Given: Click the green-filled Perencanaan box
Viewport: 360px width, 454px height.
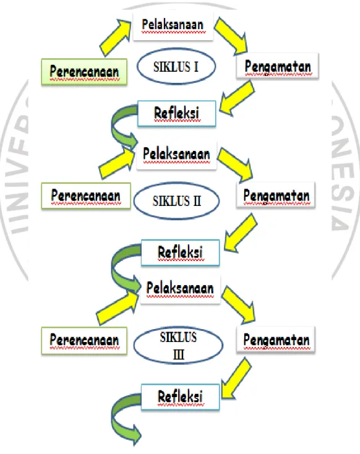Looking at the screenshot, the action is (x=84, y=72).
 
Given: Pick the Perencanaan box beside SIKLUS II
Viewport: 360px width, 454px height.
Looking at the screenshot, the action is (x=86, y=195).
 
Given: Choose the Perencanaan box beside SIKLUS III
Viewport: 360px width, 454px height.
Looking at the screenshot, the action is (x=84, y=340).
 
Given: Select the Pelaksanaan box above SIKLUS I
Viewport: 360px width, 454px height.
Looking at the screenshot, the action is (x=173, y=26).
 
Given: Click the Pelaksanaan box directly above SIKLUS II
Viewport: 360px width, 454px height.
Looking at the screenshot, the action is (x=177, y=155).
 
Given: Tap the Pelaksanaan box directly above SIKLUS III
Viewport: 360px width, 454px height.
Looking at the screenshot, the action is (x=180, y=289).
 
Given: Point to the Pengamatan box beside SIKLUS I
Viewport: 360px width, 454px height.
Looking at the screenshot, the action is (x=278, y=66).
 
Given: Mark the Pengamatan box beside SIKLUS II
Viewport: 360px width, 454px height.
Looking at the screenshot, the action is (x=276, y=195).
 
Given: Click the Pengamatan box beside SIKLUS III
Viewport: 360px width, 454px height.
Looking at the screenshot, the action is (x=276, y=340).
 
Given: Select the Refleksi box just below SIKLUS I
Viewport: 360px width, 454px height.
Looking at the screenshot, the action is (x=177, y=114).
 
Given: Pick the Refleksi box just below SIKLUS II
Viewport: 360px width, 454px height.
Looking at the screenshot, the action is (x=180, y=252).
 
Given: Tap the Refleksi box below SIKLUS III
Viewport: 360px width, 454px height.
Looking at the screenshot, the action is (x=180, y=397).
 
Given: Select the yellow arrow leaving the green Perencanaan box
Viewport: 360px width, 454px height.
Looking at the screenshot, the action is (x=115, y=37).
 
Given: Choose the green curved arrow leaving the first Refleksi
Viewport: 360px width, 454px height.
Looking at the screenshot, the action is (x=114, y=125).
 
